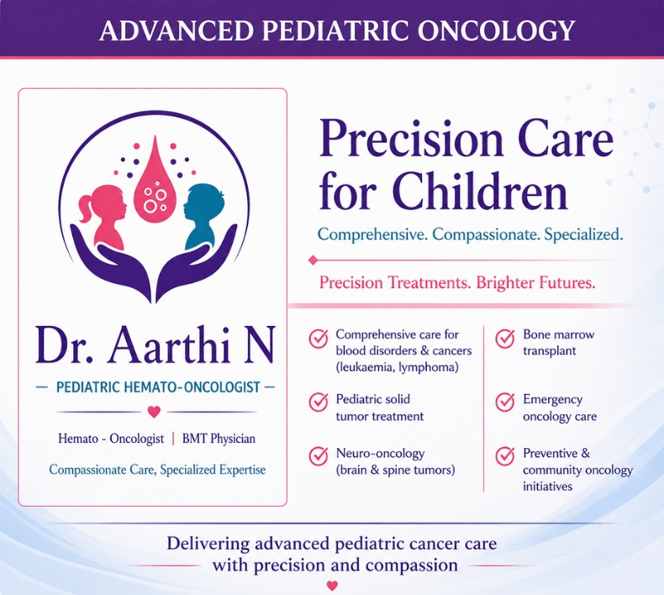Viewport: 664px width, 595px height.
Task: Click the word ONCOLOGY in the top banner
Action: pos(496,30)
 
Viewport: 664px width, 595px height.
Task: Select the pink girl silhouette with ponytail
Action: pos(103,214)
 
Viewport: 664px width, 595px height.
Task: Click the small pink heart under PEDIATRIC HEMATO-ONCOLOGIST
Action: pos(154,411)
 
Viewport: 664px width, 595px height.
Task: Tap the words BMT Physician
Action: pos(219,439)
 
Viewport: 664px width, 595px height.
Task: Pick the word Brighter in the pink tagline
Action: pos(505,282)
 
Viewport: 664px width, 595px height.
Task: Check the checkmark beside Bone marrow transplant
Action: pos(505,339)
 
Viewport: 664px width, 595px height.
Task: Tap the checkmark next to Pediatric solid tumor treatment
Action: pos(318,402)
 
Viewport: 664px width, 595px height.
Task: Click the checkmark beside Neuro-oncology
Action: pos(318,455)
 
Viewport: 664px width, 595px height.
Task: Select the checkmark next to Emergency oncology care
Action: pos(505,402)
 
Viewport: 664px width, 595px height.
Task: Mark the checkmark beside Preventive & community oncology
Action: pos(505,455)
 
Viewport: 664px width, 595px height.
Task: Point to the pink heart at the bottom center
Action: pos(333,586)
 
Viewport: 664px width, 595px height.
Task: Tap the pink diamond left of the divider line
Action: pos(313,260)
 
